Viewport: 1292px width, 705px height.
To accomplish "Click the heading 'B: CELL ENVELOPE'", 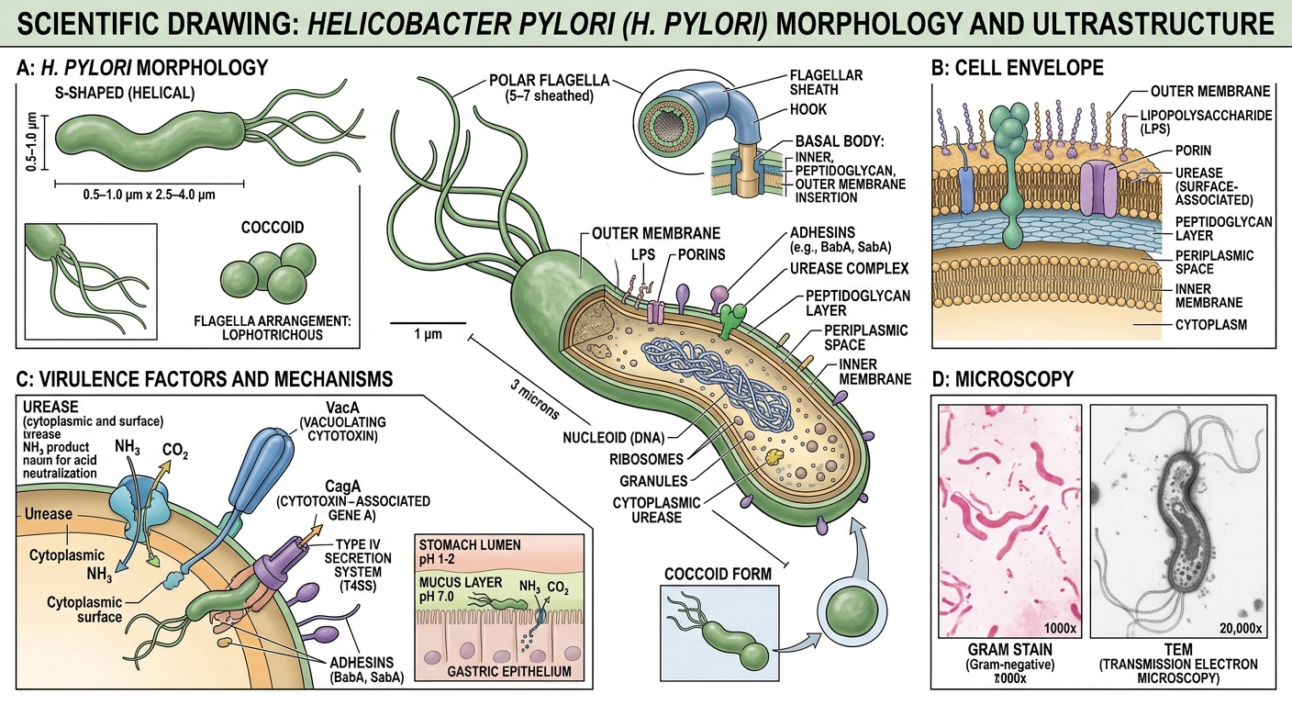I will click(1017, 67).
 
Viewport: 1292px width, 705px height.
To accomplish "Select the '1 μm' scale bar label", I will click(416, 335).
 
